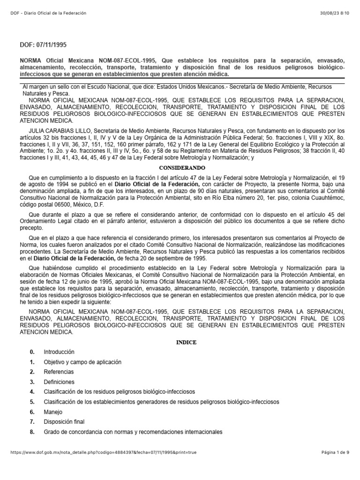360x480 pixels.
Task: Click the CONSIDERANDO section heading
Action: pos(180,167)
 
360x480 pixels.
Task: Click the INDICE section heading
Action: pos(180,342)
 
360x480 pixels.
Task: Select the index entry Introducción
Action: pos(59,352)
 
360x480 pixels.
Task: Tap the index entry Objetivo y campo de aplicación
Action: pos(82,362)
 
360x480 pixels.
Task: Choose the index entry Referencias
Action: pos(59,372)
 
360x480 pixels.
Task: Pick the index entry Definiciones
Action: pos(59,382)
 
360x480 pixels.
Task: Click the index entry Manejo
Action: pos(52,412)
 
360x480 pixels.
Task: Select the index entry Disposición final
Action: pos(64,422)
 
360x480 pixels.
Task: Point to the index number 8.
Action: pos(32,432)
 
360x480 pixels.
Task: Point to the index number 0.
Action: pos(32,352)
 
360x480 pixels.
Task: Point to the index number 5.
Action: pos(32,402)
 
